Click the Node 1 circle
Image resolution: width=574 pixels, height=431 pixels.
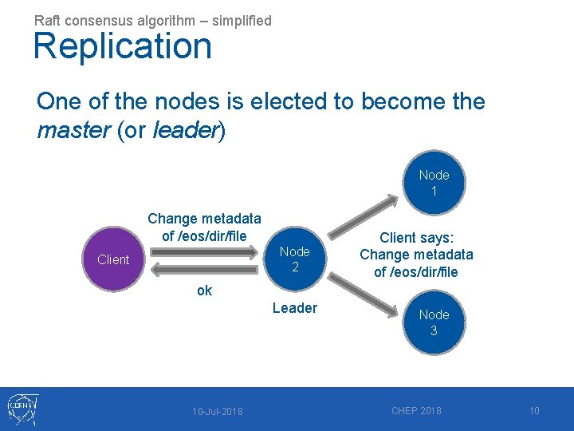coord(434,184)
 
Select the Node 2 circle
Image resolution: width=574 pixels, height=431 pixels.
coord(295,259)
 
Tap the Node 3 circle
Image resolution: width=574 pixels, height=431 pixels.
coord(434,322)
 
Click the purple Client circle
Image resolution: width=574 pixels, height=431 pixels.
coord(113,259)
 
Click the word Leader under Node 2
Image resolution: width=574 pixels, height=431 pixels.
coord(295,308)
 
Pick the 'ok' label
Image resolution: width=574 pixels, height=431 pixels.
coord(205,291)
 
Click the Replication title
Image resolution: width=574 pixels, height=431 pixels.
coord(123,46)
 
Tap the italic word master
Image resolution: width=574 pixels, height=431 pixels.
coord(73,130)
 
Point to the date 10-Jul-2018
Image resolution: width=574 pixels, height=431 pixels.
coord(218,411)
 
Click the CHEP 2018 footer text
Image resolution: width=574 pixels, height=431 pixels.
coord(416,410)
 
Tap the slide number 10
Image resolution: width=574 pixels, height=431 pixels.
coord(534,410)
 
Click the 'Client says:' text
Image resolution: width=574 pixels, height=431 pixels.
coord(416,237)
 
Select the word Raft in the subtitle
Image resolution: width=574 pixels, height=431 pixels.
coord(47,20)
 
